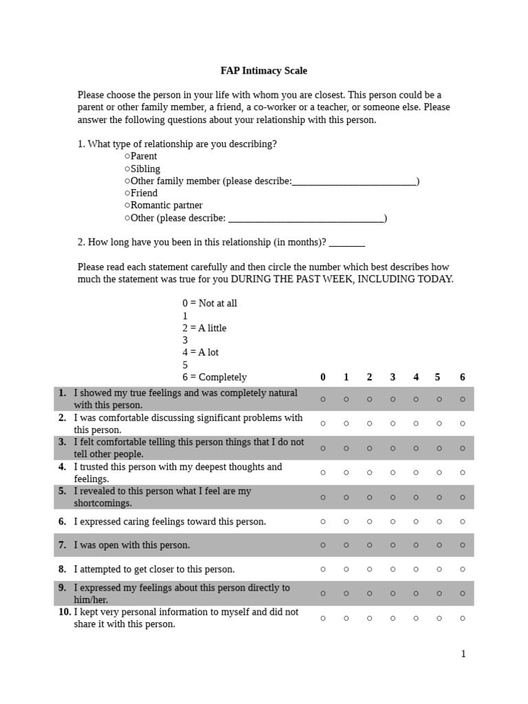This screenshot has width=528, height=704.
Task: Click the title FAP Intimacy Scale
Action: tap(263, 71)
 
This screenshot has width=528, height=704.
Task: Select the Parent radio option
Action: tap(127, 157)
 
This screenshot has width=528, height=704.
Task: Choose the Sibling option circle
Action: tap(127, 169)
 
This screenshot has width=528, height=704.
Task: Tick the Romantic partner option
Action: tap(127, 206)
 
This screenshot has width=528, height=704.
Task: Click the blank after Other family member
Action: tap(354, 182)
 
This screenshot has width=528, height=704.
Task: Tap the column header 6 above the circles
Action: tap(463, 377)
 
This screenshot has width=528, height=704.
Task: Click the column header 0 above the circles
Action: tap(323, 377)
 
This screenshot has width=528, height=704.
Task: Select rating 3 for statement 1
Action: tap(393, 399)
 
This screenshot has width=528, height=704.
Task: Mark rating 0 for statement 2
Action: tap(323, 423)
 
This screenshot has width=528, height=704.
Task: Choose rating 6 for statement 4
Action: tap(463, 473)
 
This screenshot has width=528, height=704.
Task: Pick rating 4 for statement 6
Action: tap(416, 522)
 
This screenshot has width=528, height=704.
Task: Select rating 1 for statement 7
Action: tap(346, 545)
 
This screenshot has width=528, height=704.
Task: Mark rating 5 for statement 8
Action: tap(438, 569)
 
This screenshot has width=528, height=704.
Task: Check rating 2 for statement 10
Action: tap(369, 618)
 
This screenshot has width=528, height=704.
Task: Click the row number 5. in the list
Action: tap(63, 492)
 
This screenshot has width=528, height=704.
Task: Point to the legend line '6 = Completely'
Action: tap(214, 377)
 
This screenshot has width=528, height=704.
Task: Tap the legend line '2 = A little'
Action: tap(204, 328)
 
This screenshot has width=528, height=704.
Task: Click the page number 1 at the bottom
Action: tap(463, 654)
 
